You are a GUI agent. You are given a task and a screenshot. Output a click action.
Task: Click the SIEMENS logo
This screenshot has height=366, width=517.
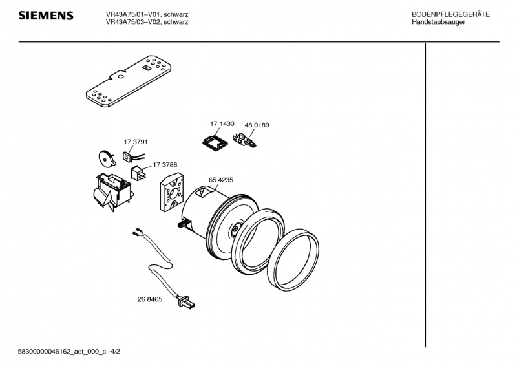coord(46,16)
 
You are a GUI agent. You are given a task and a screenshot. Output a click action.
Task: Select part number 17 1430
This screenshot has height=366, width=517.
coord(222,124)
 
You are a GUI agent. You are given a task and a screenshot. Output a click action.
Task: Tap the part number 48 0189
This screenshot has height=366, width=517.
coord(257,125)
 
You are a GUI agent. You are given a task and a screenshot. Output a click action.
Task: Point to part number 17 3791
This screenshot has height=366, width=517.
coord(136,142)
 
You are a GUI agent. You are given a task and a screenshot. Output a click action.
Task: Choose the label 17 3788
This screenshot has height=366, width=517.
coord(165,164)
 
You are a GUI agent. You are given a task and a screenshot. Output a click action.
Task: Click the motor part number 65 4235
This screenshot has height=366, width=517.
coord(220,180)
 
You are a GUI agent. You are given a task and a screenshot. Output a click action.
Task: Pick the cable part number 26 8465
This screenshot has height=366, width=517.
coord(150,299)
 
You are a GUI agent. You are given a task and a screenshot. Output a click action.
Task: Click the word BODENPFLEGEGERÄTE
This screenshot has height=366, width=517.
coord(450,14)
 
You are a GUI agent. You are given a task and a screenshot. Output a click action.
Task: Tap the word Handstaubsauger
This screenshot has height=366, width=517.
coord(438,22)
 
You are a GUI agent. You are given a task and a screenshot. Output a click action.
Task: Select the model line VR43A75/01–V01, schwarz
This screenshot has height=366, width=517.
coord(147,14)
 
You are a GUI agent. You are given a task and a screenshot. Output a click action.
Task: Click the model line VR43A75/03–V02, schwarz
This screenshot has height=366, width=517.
coord(147,22)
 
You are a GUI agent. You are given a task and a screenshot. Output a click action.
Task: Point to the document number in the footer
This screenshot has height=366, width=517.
coord(69,352)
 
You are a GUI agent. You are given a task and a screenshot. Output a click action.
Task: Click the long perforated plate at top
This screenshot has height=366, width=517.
coord(129,81)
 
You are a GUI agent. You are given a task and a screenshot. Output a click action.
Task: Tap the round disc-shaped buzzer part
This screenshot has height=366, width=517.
coord(107,158)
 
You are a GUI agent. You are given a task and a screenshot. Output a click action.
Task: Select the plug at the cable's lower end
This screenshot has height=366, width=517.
coord(186,302)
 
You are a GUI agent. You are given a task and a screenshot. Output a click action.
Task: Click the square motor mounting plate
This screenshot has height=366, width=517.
coord(171,193)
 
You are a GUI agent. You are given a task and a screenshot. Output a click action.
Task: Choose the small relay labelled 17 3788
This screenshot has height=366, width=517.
coord(138,173)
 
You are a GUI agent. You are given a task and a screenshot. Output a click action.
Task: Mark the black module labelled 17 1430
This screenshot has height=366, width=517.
coord(215,143)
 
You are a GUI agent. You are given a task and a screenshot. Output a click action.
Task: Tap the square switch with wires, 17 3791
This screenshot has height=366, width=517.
coord(127,156)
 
